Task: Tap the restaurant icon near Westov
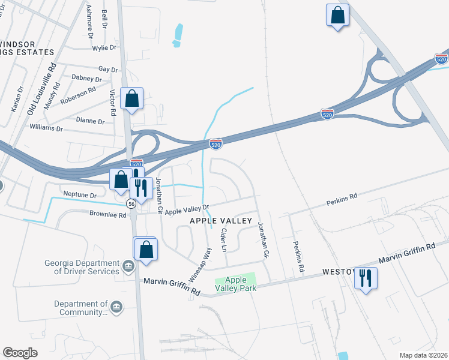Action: pyautogui.click(x=366, y=278)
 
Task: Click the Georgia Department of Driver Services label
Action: pyautogui.click(x=82, y=267)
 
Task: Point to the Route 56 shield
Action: pyautogui.click(x=130, y=204)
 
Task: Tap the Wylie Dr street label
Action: pyautogui.click(x=104, y=47)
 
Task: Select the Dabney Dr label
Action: pyautogui.click(x=86, y=79)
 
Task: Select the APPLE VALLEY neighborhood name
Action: pyautogui.click(x=221, y=221)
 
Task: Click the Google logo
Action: pyautogui.click(x=20, y=352)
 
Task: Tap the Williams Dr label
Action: pyautogui.click(x=46, y=128)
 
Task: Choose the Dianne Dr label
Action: pyautogui.click(x=91, y=121)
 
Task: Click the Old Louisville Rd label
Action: pyautogui.click(x=41, y=89)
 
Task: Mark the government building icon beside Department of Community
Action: pyautogui.click(x=116, y=308)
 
